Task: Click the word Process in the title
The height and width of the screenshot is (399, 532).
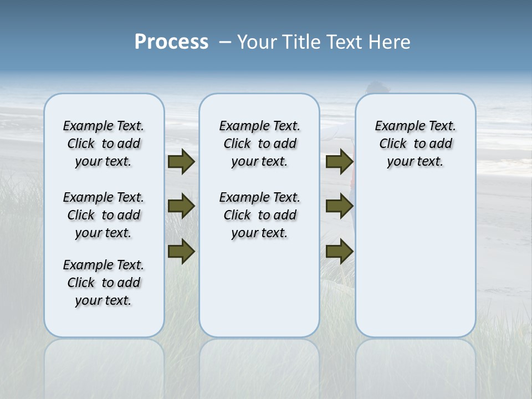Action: pyautogui.click(x=171, y=42)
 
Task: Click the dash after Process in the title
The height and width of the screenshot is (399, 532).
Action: pyautogui.click(x=224, y=42)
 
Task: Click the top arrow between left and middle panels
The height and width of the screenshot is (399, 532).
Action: pyautogui.click(x=181, y=161)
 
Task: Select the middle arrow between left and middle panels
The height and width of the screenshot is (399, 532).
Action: pyautogui.click(x=181, y=206)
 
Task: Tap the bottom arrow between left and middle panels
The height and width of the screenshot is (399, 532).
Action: pyautogui.click(x=181, y=252)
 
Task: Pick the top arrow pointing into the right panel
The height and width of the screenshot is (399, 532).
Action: pyautogui.click(x=339, y=161)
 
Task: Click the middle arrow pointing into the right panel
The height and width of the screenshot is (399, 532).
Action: pyautogui.click(x=339, y=206)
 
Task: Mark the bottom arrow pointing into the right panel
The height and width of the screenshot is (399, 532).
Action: pyautogui.click(x=339, y=252)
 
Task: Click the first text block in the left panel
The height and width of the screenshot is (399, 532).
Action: pyautogui.click(x=104, y=144)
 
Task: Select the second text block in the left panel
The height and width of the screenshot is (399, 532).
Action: pyautogui.click(x=104, y=215)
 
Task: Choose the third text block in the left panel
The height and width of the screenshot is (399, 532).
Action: pyautogui.click(x=104, y=283)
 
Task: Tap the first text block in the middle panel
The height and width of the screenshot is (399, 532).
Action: pyautogui.click(x=259, y=144)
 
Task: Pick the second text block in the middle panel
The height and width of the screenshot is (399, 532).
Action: pyautogui.click(x=259, y=215)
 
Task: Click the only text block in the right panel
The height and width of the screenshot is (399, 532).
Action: pyautogui.click(x=415, y=144)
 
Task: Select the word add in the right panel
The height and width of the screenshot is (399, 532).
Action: pyautogui.click(x=440, y=144)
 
